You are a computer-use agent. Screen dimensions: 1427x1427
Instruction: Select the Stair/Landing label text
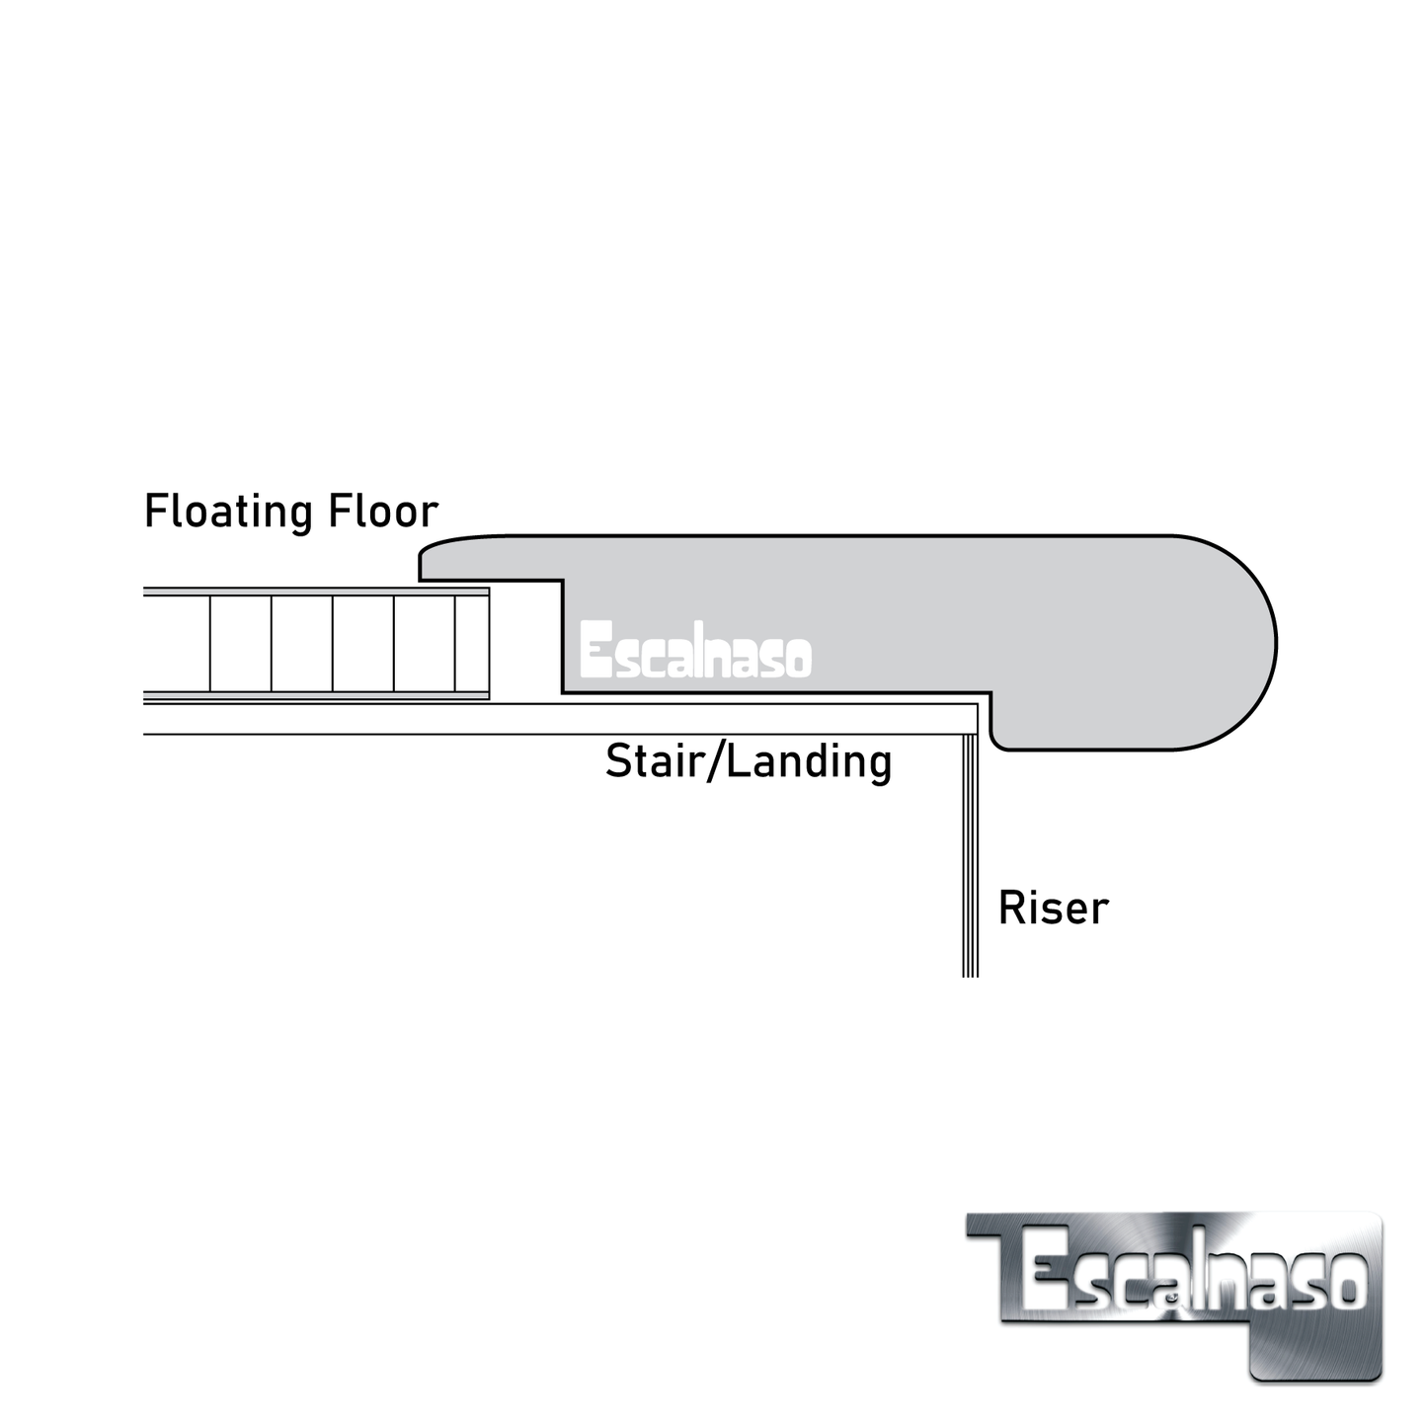(748, 761)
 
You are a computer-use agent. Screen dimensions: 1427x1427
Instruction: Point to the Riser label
(1053, 909)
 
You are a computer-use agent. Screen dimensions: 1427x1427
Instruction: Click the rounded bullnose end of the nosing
(1234, 642)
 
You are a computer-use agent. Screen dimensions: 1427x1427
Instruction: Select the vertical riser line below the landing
(970, 859)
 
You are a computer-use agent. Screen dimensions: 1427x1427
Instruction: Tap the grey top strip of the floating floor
(316, 593)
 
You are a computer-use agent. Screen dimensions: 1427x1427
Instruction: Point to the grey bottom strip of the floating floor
(316, 696)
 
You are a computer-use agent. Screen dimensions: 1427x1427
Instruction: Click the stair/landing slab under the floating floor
(494, 719)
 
